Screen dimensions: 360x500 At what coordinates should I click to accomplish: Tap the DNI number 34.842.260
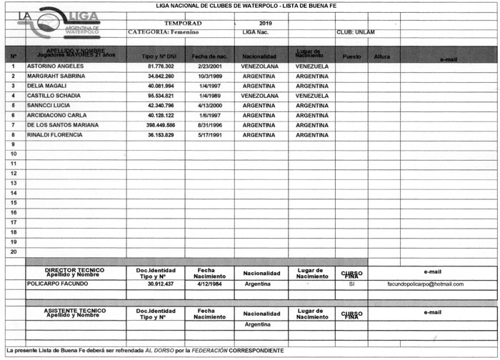click(x=161, y=76)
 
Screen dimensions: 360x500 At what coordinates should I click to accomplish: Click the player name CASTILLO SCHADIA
click(x=58, y=95)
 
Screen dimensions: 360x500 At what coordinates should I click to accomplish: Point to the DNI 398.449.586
click(x=161, y=124)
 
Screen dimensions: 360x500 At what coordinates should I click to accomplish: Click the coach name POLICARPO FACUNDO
click(x=58, y=284)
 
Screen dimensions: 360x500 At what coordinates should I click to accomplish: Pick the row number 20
click(x=14, y=251)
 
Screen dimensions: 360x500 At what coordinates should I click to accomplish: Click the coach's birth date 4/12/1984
click(x=211, y=284)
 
